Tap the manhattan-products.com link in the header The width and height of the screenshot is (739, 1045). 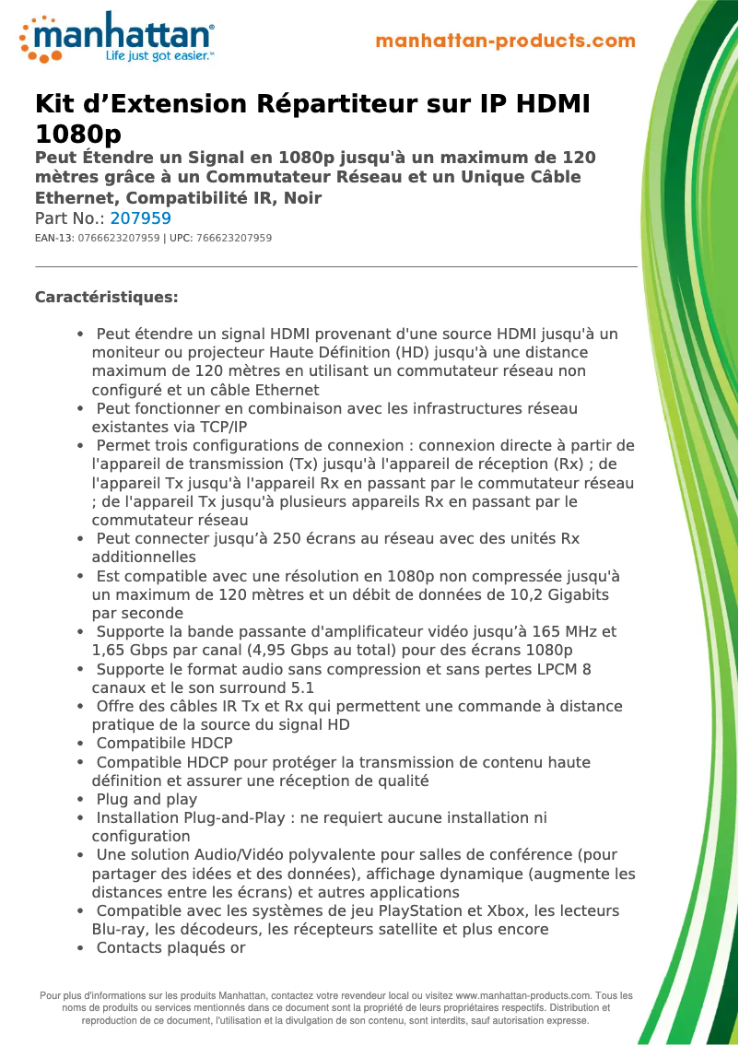(x=505, y=41)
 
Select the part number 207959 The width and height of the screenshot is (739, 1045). (x=140, y=218)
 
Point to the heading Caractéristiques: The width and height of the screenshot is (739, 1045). (x=106, y=297)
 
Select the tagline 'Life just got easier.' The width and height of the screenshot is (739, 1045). (x=159, y=56)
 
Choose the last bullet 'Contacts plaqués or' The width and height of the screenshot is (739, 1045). (x=170, y=947)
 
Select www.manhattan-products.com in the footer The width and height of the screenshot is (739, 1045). (x=522, y=995)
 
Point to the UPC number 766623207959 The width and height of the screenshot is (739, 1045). (x=234, y=238)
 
